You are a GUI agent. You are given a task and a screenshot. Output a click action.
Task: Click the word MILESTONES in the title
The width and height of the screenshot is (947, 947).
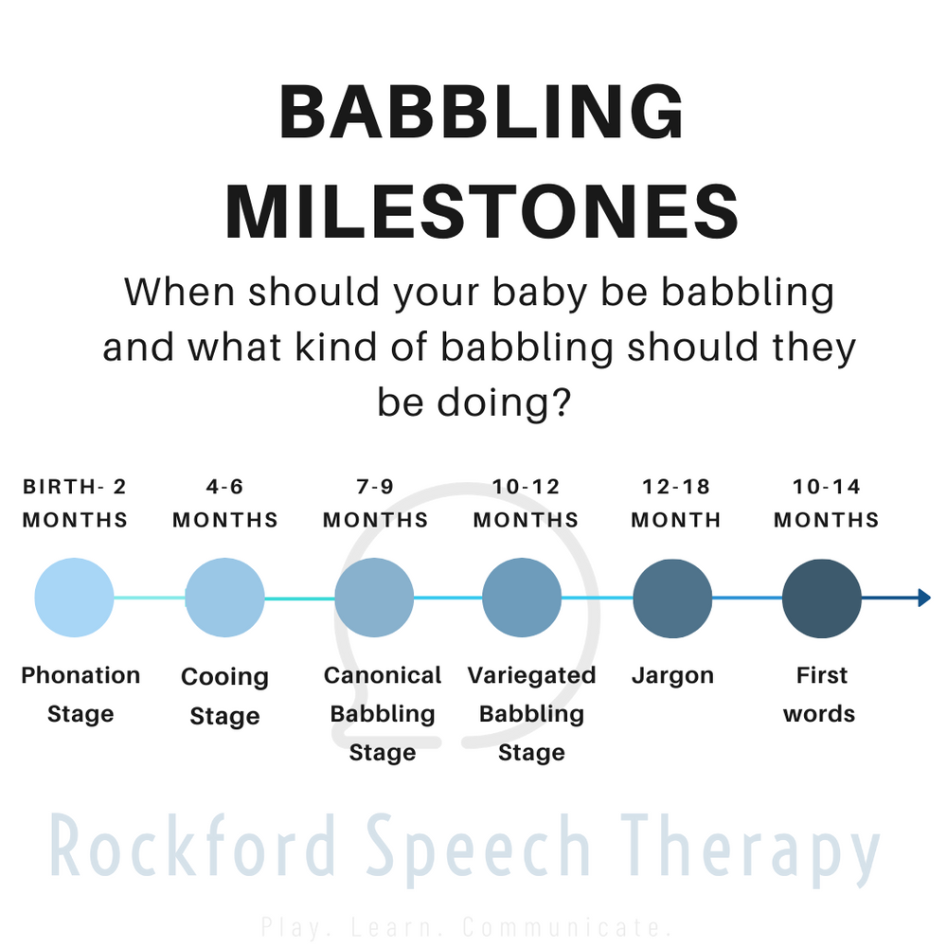(x=482, y=212)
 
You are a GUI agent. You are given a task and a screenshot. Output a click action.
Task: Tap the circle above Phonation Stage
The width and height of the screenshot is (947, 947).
(x=74, y=598)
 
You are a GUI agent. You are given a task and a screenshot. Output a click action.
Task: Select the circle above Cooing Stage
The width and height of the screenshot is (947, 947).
(x=224, y=598)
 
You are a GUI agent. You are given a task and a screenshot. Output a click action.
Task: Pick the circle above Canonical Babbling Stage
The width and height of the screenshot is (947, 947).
(x=374, y=598)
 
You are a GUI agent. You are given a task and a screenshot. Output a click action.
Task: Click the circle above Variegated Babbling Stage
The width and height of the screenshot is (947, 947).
(x=522, y=598)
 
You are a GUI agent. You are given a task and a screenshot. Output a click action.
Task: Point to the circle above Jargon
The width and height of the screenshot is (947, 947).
(x=672, y=598)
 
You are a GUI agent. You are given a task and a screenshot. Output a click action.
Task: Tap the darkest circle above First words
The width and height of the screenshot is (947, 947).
(x=822, y=598)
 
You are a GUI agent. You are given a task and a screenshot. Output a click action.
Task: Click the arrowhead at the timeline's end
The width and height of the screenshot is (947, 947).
(x=924, y=598)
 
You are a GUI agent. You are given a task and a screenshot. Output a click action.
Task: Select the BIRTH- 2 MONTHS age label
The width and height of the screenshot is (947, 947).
(x=75, y=504)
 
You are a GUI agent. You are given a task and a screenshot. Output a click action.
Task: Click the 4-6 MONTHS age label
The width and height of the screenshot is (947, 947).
(x=225, y=504)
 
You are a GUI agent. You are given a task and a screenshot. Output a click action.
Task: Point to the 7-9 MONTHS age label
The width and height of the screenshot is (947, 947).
(x=375, y=504)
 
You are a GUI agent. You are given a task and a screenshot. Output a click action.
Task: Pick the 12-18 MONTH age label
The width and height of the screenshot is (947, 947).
(x=676, y=504)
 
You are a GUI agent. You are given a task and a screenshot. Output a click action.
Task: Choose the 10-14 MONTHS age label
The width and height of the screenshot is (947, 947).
(x=826, y=504)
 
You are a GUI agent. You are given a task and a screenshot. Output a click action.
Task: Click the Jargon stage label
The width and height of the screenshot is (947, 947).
(x=672, y=676)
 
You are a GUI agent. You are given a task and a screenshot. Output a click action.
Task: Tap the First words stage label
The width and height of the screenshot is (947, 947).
(x=820, y=694)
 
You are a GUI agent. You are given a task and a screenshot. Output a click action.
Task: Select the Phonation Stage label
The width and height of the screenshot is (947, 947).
(x=80, y=694)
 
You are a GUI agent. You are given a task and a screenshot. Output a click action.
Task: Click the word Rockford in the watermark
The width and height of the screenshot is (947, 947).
(x=194, y=846)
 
